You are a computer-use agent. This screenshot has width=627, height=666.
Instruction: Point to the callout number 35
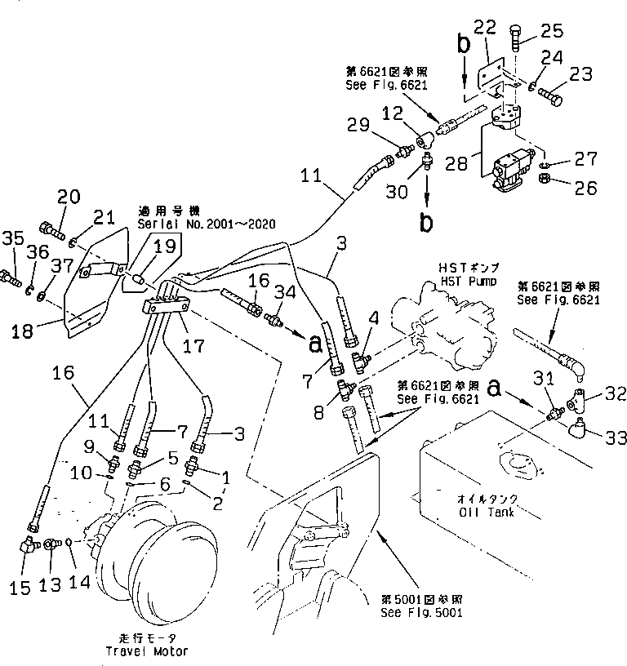(13, 239)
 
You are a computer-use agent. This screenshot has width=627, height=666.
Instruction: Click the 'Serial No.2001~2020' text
(207, 224)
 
